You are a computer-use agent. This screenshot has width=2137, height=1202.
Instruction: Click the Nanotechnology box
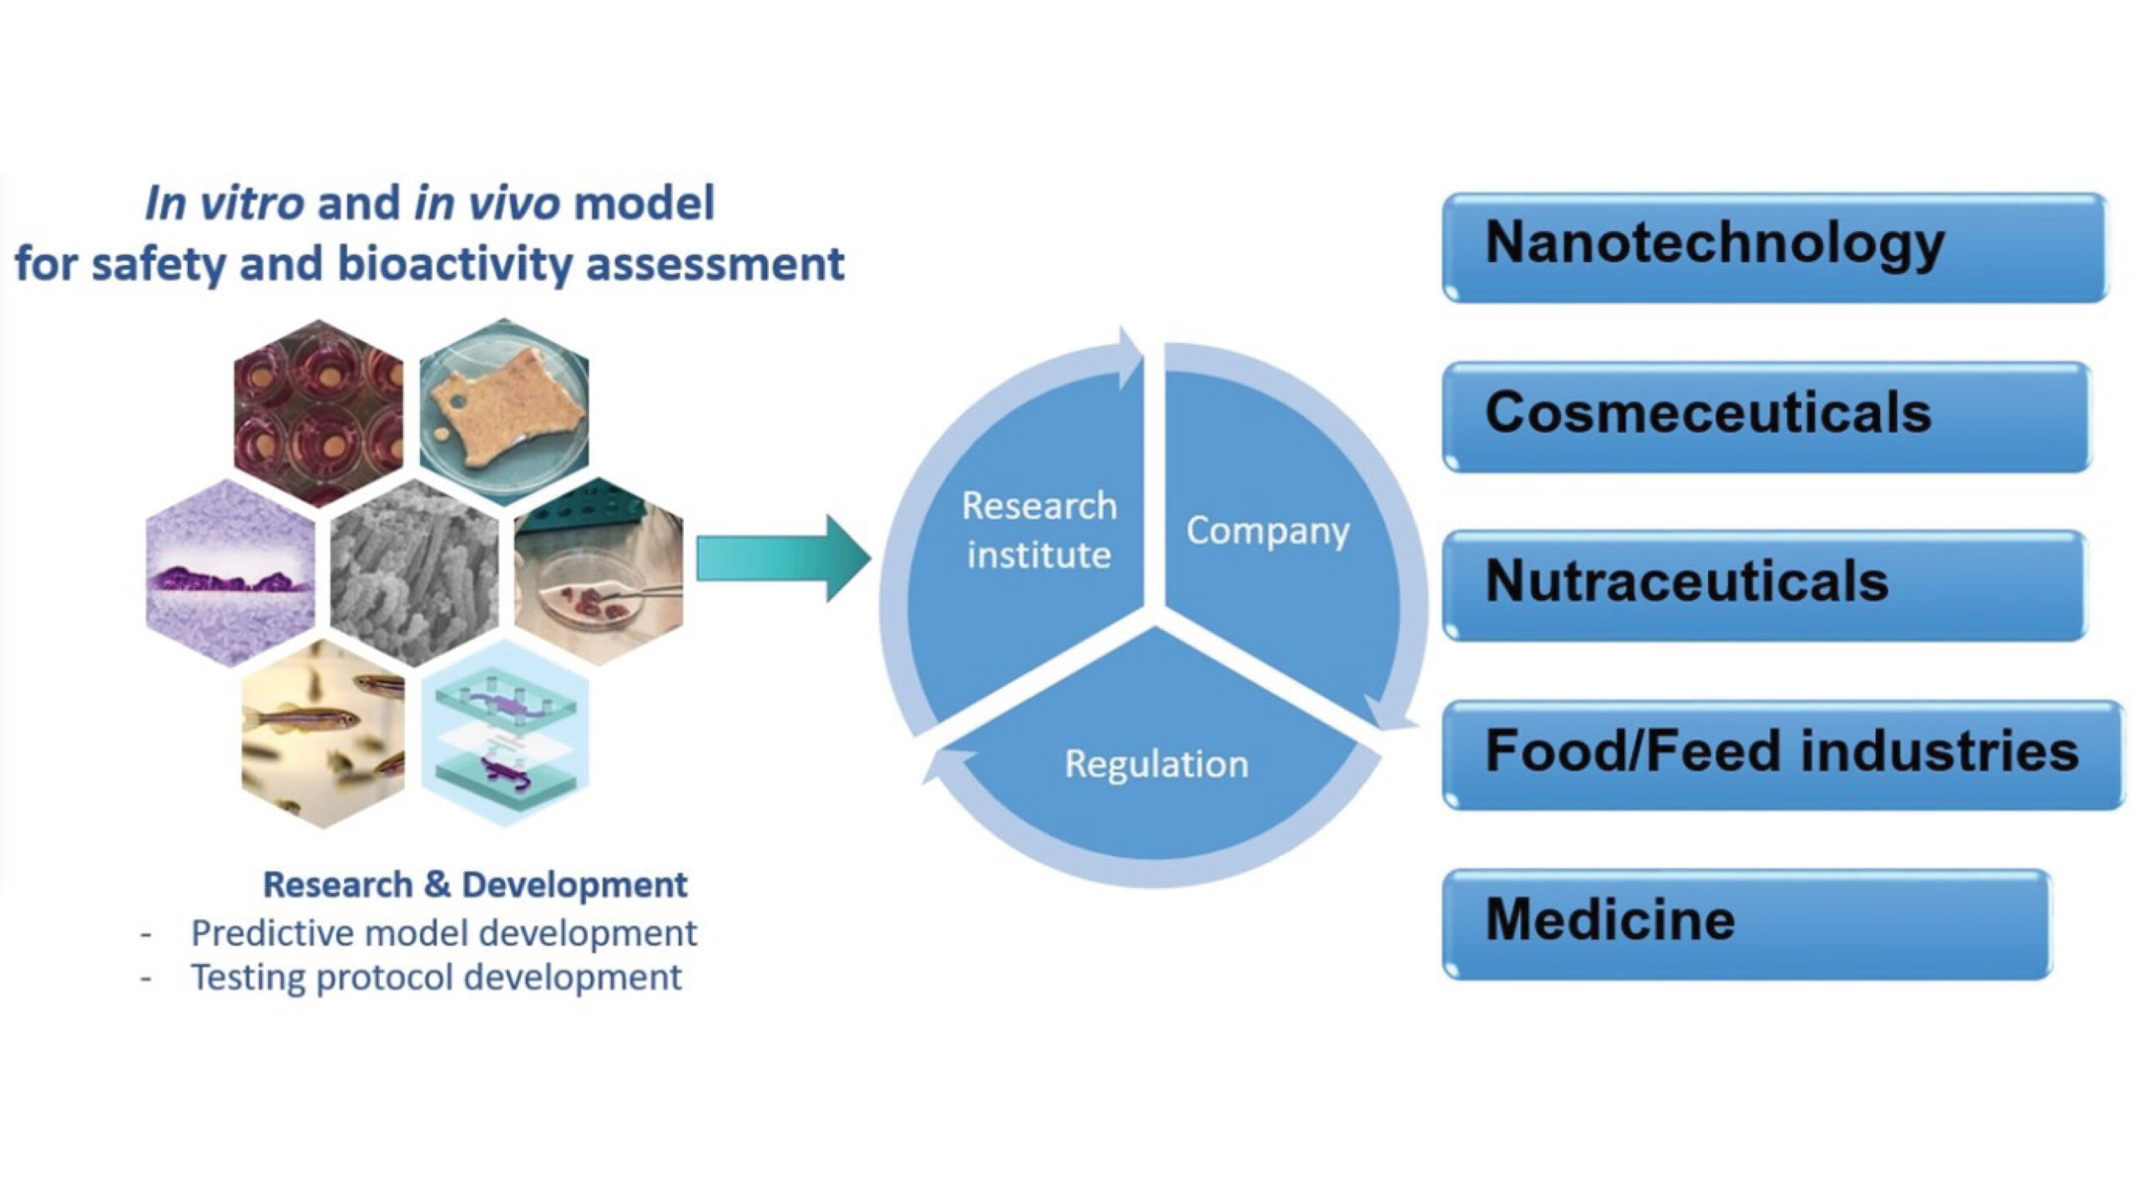(1774, 247)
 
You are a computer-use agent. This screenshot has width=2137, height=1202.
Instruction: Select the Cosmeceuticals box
(1766, 416)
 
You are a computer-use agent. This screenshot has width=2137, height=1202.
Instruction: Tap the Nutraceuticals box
(1763, 584)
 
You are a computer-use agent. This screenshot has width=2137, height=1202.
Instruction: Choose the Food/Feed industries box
(1782, 754)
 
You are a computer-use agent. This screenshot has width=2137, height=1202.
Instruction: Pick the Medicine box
(1746, 923)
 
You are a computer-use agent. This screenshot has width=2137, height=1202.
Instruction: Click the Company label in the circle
(1267, 531)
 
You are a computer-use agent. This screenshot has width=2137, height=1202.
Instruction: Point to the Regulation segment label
(1156, 764)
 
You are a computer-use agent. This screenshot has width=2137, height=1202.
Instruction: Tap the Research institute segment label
(1038, 530)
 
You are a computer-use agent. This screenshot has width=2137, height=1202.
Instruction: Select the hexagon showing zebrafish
(323, 735)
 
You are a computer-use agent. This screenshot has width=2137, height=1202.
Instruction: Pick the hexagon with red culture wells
(319, 412)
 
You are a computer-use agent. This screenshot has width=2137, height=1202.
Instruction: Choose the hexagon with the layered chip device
(506, 733)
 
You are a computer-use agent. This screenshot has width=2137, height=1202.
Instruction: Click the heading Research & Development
(475, 885)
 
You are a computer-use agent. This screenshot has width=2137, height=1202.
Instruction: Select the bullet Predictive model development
(443, 933)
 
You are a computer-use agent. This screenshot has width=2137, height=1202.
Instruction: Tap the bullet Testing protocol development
(436, 977)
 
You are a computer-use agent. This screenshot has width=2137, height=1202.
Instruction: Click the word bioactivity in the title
(456, 265)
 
